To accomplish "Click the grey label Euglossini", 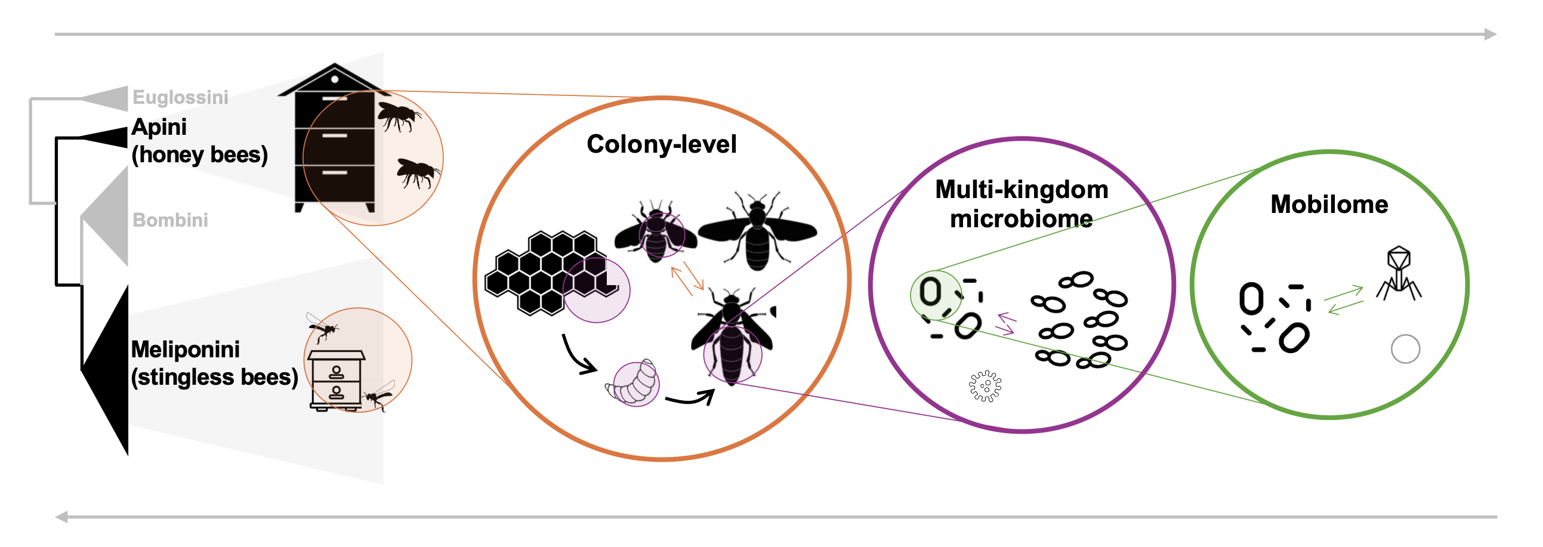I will [180, 97].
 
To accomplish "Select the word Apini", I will [159, 127].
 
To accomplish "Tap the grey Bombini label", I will [170, 220].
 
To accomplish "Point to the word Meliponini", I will [185, 350].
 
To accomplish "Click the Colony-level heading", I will [661, 144].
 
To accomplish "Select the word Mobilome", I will [1329, 205].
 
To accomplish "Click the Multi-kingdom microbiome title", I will [1022, 203].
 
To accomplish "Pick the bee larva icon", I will [632, 384].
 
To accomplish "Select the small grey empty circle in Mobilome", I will [1405, 349].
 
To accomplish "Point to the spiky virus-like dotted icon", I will [985, 386].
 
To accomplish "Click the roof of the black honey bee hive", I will [334, 78].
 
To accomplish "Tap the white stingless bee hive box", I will [335, 380].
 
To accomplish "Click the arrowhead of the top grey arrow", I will [1490, 34].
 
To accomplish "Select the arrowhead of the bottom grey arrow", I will [61, 517].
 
